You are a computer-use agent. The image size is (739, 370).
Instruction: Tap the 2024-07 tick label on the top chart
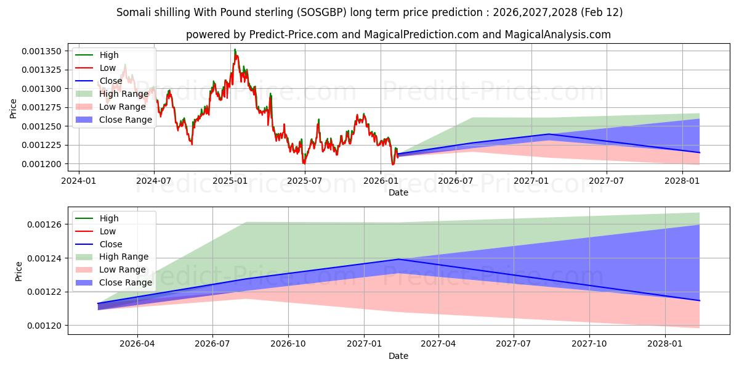[x=153, y=181]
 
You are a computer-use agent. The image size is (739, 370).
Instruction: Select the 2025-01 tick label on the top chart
[x=230, y=181]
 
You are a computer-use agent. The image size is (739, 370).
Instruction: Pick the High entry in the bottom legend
[x=109, y=218]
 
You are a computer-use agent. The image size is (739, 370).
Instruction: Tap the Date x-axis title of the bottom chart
[x=398, y=356]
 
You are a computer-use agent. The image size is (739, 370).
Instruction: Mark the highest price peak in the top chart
[x=235, y=49]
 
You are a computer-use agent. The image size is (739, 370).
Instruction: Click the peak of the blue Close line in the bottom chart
[x=399, y=259]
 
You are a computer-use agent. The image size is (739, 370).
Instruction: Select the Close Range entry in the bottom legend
[x=125, y=282]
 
